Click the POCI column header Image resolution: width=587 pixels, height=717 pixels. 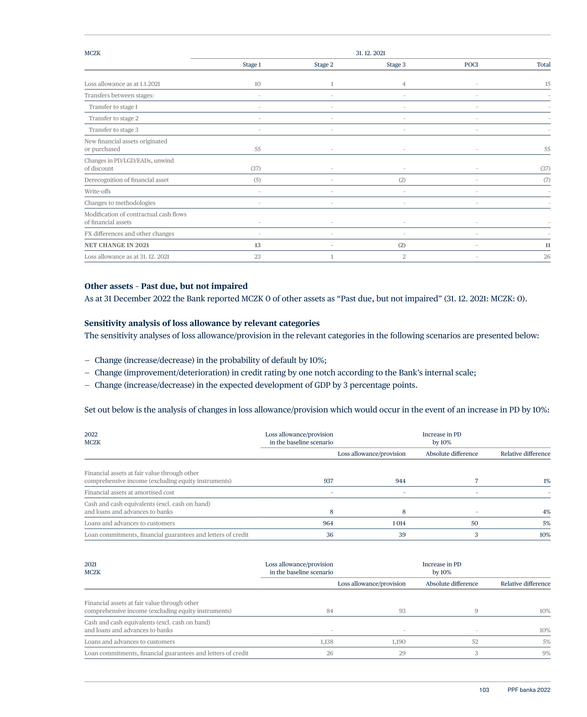click(x=471, y=65)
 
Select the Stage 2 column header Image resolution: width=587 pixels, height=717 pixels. click(x=323, y=65)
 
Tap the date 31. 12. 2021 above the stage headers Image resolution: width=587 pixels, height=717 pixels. click(x=370, y=53)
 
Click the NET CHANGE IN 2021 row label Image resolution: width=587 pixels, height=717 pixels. click(x=117, y=245)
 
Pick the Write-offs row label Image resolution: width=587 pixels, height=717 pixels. click(x=98, y=191)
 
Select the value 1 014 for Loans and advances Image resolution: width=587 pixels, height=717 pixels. click(x=399, y=523)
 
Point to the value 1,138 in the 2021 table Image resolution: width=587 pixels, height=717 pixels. click(x=326, y=642)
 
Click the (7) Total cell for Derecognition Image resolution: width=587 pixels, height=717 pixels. click(x=547, y=180)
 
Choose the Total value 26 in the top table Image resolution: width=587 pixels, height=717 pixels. click(x=547, y=257)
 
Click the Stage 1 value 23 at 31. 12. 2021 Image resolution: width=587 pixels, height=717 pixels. click(x=257, y=257)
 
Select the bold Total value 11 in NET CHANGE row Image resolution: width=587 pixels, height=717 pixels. click(x=547, y=245)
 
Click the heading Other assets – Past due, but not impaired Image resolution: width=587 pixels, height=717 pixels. click(x=166, y=286)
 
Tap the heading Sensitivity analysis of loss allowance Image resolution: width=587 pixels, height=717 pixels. click(x=202, y=323)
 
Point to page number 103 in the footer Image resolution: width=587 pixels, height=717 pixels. click(x=484, y=690)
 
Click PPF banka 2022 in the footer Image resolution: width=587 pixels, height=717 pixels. click(x=528, y=690)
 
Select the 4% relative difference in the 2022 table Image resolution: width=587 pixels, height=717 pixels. click(x=547, y=512)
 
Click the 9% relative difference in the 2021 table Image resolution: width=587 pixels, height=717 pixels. click(x=547, y=653)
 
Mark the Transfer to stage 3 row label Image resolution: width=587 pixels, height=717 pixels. click(x=113, y=130)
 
